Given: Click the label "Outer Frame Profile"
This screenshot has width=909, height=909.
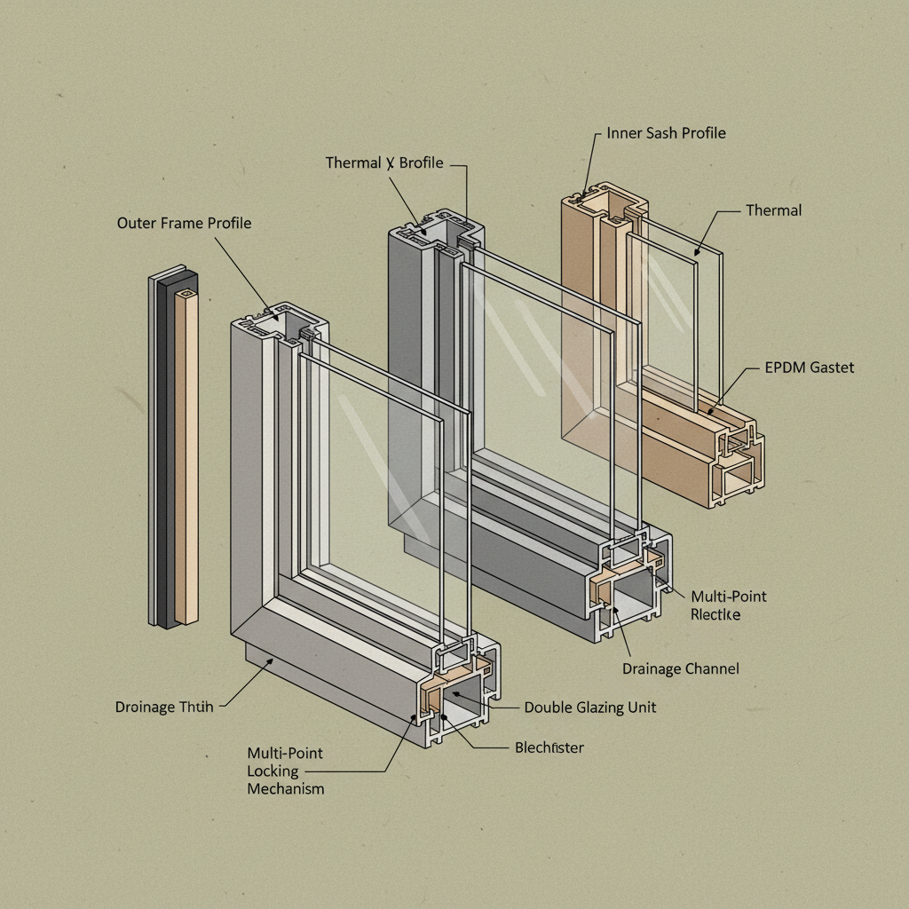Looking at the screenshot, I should [184, 223].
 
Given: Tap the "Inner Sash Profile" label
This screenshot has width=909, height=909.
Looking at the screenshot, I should [666, 133].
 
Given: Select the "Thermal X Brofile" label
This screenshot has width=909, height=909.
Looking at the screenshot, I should [383, 162].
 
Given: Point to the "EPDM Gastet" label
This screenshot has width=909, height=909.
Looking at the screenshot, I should [809, 367].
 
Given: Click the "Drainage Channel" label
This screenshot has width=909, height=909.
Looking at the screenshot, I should [680, 668].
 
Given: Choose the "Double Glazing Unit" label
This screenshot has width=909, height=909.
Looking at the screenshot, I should [590, 707].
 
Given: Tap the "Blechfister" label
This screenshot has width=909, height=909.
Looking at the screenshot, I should [549, 747].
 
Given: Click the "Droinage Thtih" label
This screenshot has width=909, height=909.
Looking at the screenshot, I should [164, 707].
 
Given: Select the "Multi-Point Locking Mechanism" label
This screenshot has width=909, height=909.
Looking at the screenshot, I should [285, 771].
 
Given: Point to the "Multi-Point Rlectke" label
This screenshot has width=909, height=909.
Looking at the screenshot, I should [728, 605].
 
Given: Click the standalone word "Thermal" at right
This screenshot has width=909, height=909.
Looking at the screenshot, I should [773, 210].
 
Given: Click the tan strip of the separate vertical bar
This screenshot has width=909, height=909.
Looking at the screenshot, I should [187, 453].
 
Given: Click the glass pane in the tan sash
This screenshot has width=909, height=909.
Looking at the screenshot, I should [666, 311].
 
